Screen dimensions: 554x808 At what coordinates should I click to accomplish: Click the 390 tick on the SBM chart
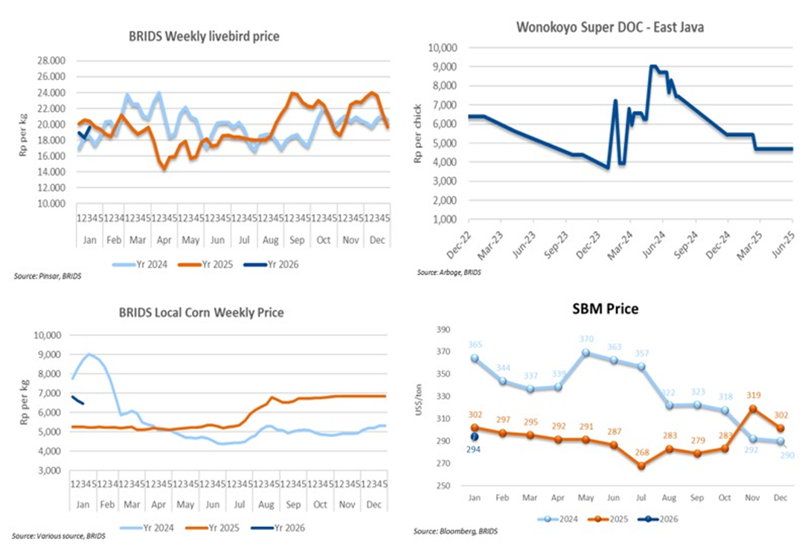tap(444, 329)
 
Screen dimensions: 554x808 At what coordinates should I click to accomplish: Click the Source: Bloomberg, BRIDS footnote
tap(455, 532)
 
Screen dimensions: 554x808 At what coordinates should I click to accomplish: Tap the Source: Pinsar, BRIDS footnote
tap(46, 276)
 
